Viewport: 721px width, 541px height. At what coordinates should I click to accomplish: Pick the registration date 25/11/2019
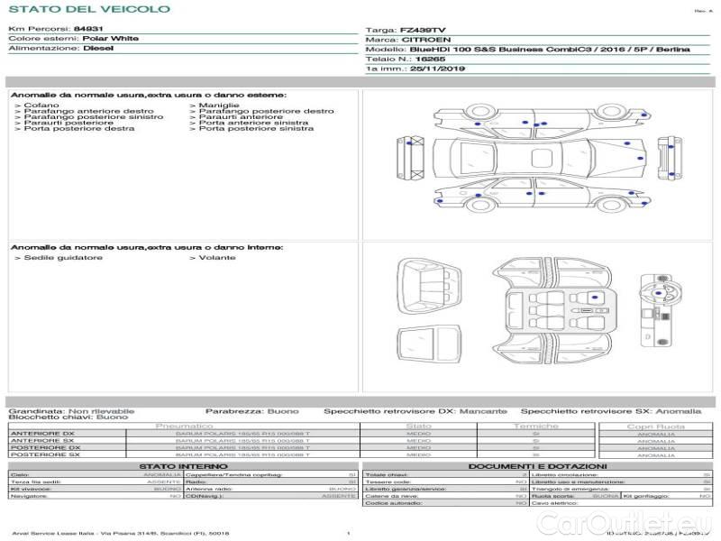click(x=436, y=68)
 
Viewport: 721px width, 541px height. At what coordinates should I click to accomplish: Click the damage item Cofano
click(x=41, y=105)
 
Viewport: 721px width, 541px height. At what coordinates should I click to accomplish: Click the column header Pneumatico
click(x=184, y=426)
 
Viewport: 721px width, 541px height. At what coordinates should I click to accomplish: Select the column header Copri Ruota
click(x=655, y=426)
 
